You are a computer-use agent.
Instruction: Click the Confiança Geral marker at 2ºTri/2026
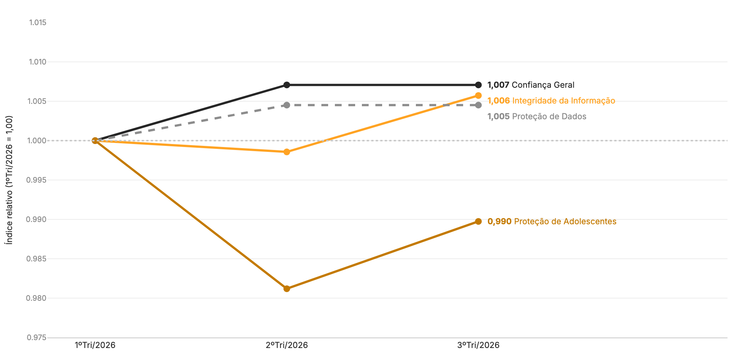(x=287, y=85)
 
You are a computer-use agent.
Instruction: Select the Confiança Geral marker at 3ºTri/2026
(x=478, y=85)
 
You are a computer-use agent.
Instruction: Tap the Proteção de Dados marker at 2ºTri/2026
(x=287, y=105)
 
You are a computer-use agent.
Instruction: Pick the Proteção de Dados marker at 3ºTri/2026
(x=478, y=105)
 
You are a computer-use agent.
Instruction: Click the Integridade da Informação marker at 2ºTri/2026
(x=287, y=152)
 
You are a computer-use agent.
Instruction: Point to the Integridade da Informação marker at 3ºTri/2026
(x=478, y=96)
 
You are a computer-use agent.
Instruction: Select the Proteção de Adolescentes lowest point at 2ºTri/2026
(x=287, y=289)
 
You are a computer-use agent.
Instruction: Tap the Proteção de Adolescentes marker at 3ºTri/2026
(x=478, y=222)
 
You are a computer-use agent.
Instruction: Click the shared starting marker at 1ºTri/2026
(x=95, y=141)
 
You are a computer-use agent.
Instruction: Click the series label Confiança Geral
(x=543, y=85)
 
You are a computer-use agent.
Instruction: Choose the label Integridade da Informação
(x=564, y=101)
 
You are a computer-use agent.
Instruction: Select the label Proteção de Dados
(x=549, y=117)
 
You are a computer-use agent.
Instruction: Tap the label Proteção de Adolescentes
(x=565, y=222)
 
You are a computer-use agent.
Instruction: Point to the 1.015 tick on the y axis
(x=38, y=22)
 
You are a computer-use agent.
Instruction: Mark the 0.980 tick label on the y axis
(x=37, y=298)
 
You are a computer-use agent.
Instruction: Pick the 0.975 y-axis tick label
(x=37, y=337)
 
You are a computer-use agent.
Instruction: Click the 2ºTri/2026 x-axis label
(x=287, y=345)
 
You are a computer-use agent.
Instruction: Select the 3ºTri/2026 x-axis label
(x=478, y=345)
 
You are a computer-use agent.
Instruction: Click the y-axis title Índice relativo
(x=9, y=180)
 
